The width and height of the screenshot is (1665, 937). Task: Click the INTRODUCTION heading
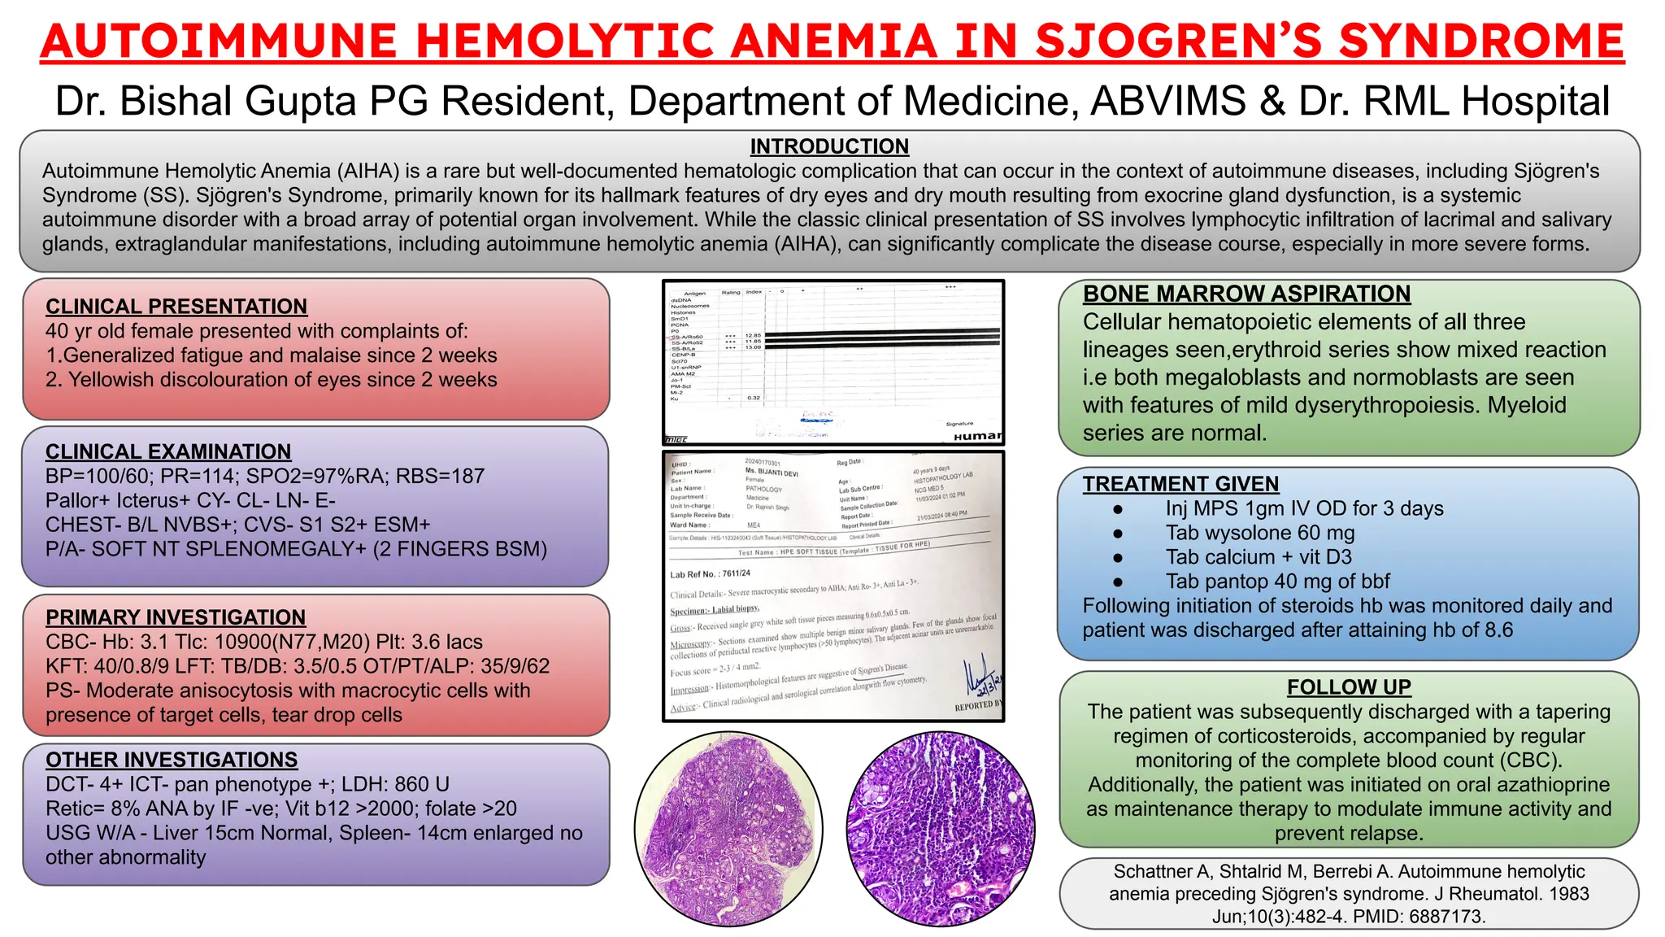(829, 146)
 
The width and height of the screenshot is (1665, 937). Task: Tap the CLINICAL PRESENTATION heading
(176, 307)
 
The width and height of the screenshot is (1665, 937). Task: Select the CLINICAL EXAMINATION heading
(168, 451)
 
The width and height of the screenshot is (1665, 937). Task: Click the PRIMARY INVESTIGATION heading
(176, 617)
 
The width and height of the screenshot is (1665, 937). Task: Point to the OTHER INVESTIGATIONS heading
(172, 760)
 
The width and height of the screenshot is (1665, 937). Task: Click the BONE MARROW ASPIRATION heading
(1246, 294)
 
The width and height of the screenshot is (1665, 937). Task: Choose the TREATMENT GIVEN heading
(1180, 484)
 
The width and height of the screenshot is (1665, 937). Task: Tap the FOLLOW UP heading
(1349, 687)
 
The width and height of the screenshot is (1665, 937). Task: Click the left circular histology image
(728, 828)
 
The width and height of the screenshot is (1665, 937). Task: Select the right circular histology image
(941, 828)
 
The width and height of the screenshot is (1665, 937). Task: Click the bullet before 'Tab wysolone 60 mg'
(1119, 534)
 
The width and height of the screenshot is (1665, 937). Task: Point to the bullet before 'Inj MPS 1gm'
(1119, 509)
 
